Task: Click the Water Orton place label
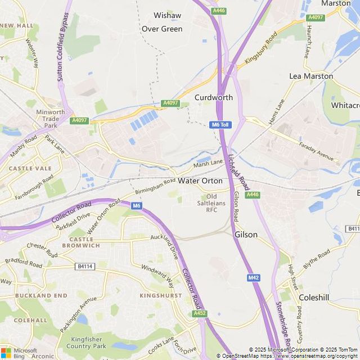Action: pos(200,181)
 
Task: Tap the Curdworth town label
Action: pos(214,97)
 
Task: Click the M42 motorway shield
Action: pos(253,278)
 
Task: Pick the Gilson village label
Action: pos(246,235)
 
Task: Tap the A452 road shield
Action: pos(199,313)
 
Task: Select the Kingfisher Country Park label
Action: pos(89,343)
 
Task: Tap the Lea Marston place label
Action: pos(311,76)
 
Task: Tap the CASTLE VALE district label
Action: pos(30,168)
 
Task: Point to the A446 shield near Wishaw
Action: pos(219,11)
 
